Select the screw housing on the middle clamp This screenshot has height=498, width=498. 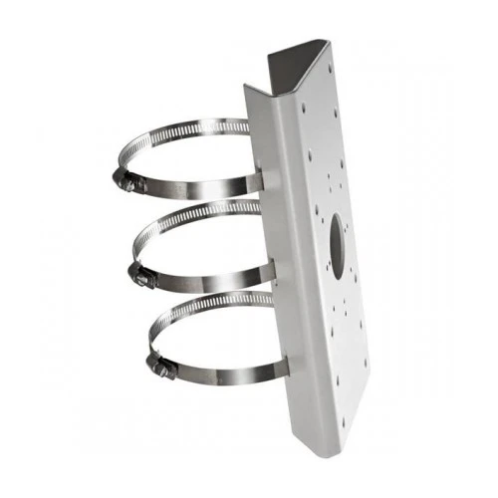coord(141,273)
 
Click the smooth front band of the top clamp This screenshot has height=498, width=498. coord(199,189)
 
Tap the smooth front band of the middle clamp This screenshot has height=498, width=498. coord(209,278)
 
